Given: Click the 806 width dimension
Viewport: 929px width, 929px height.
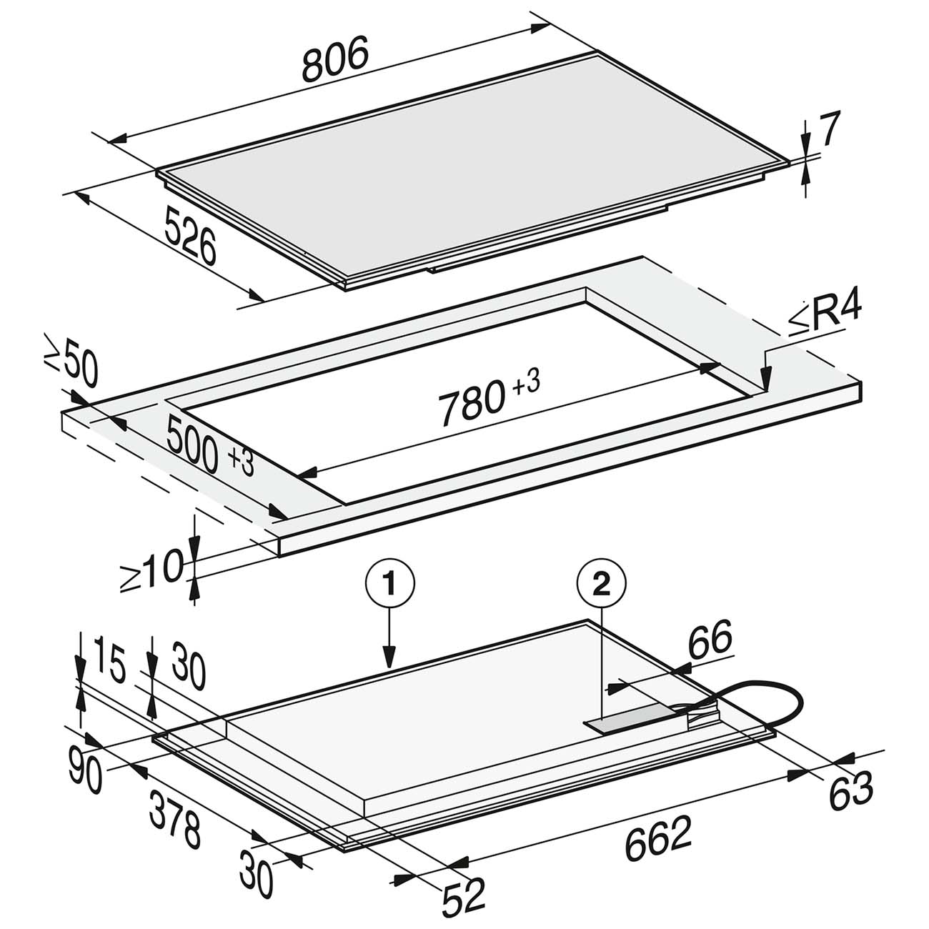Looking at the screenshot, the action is (335, 60).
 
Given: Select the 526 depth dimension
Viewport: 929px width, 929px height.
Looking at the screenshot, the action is (190, 236).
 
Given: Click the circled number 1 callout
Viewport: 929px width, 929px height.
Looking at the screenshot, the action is (389, 585).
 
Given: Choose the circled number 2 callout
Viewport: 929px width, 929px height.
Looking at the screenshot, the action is (602, 585).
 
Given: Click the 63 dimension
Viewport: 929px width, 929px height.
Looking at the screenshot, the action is (850, 790).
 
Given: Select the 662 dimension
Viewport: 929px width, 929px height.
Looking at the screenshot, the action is (659, 839).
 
